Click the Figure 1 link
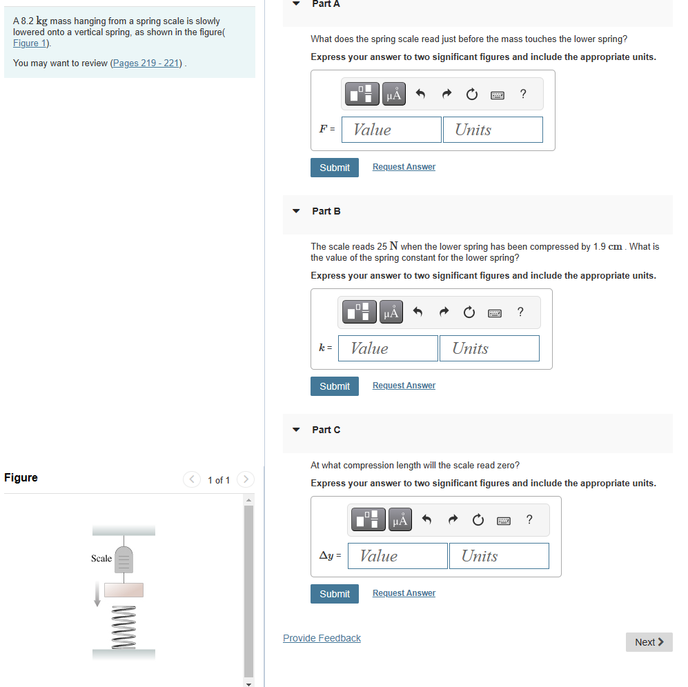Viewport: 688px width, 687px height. pyautogui.click(x=30, y=43)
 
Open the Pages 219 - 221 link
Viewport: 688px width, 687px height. pyautogui.click(x=146, y=63)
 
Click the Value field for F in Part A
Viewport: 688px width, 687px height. pyautogui.click(x=391, y=130)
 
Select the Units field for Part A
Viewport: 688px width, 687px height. pyautogui.click(x=493, y=130)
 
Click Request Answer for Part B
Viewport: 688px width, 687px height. pyautogui.click(x=404, y=386)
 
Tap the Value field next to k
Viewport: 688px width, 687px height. pyautogui.click(x=388, y=348)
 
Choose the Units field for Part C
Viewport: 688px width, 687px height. pyautogui.click(x=499, y=556)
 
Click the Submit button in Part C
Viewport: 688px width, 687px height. pyautogui.click(x=335, y=594)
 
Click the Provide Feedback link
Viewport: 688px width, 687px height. pyautogui.click(x=322, y=638)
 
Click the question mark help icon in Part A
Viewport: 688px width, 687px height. pyautogui.click(x=523, y=94)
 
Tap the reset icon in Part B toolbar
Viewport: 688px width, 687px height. pyautogui.click(x=469, y=312)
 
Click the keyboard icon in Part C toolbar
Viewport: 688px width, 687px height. pyautogui.click(x=504, y=521)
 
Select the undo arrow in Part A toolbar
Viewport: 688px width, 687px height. pyautogui.click(x=420, y=94)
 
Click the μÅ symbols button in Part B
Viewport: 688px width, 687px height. pyautogui.click(x=391, y=312)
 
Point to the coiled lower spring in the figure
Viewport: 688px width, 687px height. pyautogui.click(x=124, y=628)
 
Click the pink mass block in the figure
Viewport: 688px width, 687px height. pyautogui.click(x=124, y=590)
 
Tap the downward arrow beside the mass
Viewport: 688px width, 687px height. pyautogui.click(x=97, y=594)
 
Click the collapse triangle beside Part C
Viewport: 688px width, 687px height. pyautogui.click(x=296, y=430)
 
